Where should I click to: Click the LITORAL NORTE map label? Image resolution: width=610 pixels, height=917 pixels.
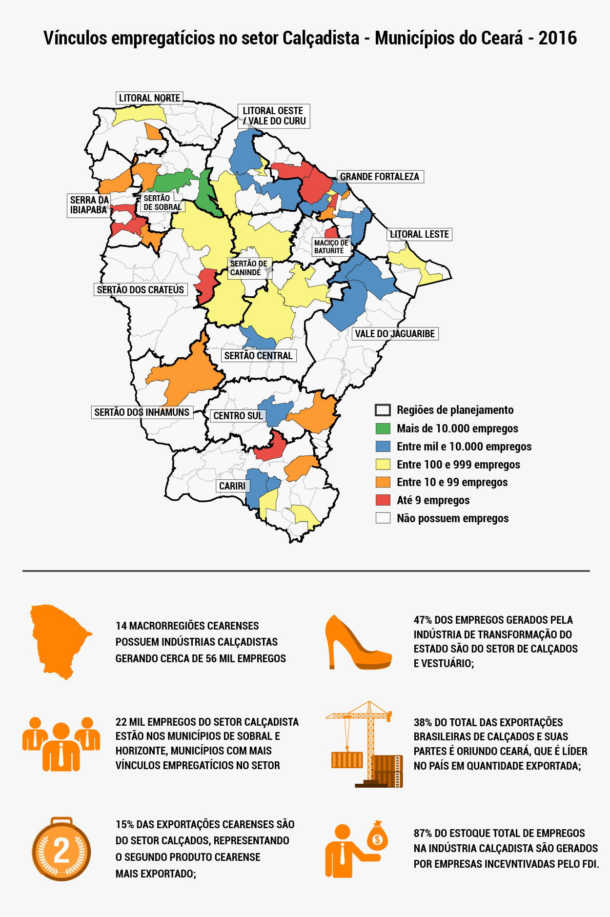149,98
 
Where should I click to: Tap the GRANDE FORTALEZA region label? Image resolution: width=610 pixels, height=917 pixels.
380,177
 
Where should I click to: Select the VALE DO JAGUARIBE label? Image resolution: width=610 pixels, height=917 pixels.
395,334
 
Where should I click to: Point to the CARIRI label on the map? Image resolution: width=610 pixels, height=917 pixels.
232,486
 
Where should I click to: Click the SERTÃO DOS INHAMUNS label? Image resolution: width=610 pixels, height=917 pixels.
142,412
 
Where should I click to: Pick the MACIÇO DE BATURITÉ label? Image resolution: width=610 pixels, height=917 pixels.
331,246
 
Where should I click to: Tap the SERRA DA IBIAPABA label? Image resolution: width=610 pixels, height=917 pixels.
89,205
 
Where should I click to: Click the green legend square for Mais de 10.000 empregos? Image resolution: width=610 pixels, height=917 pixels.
383,428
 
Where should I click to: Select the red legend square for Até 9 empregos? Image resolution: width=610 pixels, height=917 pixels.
383,500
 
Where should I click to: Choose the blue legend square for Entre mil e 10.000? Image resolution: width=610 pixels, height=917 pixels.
383,447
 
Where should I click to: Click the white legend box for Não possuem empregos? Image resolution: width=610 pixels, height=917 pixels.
383,518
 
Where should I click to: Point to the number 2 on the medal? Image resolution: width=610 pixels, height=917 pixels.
61,851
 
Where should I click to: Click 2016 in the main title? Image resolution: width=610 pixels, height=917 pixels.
557,38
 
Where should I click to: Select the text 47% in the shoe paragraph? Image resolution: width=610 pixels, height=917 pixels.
423,620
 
